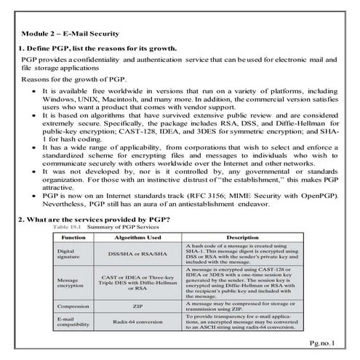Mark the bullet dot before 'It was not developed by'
pos(34,171)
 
